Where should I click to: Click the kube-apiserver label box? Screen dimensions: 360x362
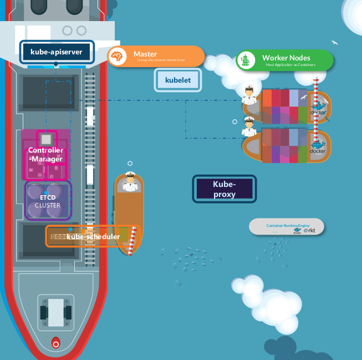pyautogui.click(x=57, y=52)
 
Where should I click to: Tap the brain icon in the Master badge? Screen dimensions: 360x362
pyautogui.click(x=116, y=57)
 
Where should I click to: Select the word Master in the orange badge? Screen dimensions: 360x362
pyautogui.click(x=145, y=54)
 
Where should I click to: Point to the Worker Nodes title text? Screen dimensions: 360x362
pyautogui.click(x=286, y=58)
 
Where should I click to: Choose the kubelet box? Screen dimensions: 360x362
pyautogui.click(x=177, y=80)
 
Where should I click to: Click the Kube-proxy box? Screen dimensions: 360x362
pyautogui.click(x=224, y=189)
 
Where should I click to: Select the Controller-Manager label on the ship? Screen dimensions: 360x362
pyautogui.click(x=45, y=155)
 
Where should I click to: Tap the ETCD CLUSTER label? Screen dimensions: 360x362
pyautogui.click(x=48, y=201)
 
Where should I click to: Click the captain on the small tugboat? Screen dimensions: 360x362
pyautogui.click(x=130, y=182)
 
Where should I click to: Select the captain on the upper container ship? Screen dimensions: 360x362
pyautogui.click(x=249, y=96)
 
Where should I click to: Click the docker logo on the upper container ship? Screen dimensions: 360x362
pyautogui.click(x=319, y=110)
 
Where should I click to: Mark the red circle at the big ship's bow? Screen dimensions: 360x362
pyautogui.click(x=55, y=343)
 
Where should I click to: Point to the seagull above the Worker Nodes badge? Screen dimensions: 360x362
pyautogui.click(x=334, y=42)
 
